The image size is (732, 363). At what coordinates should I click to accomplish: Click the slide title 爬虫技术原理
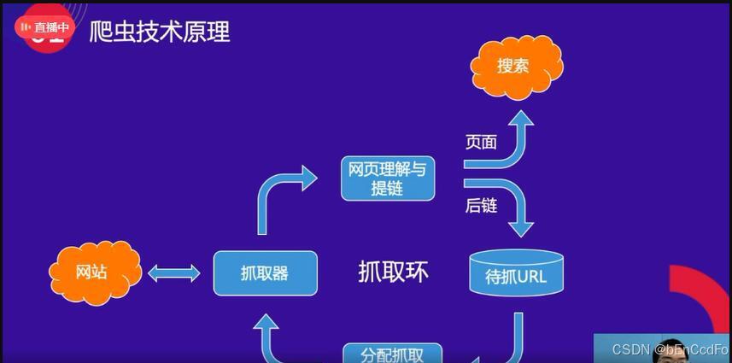point(160,32)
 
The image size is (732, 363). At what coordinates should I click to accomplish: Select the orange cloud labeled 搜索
point(515,65)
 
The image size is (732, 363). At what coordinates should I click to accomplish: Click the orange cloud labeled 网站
point(93,272)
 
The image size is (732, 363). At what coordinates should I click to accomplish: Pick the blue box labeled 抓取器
point(265,273)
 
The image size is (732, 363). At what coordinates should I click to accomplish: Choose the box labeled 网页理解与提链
point(387,178)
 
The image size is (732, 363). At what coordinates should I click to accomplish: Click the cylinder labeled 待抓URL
point(515,272)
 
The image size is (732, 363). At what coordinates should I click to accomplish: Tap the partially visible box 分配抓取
point(393,353)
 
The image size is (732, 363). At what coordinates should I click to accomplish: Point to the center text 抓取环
point(393,272)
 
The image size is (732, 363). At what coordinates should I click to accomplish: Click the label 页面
point(481,142)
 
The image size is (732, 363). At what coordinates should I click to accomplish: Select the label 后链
point(481,205)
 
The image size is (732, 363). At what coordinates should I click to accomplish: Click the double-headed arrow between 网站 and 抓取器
point(174,273)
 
